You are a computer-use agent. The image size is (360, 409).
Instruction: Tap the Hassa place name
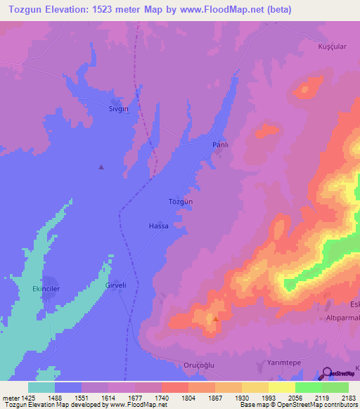159,226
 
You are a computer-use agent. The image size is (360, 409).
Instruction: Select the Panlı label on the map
221,144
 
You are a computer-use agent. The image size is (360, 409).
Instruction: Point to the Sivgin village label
118,109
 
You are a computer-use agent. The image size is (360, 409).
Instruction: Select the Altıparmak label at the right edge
342,318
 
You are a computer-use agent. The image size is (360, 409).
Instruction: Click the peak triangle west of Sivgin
101,167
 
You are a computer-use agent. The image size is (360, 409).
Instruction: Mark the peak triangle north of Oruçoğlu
216,318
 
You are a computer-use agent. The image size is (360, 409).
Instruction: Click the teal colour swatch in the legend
41,387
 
